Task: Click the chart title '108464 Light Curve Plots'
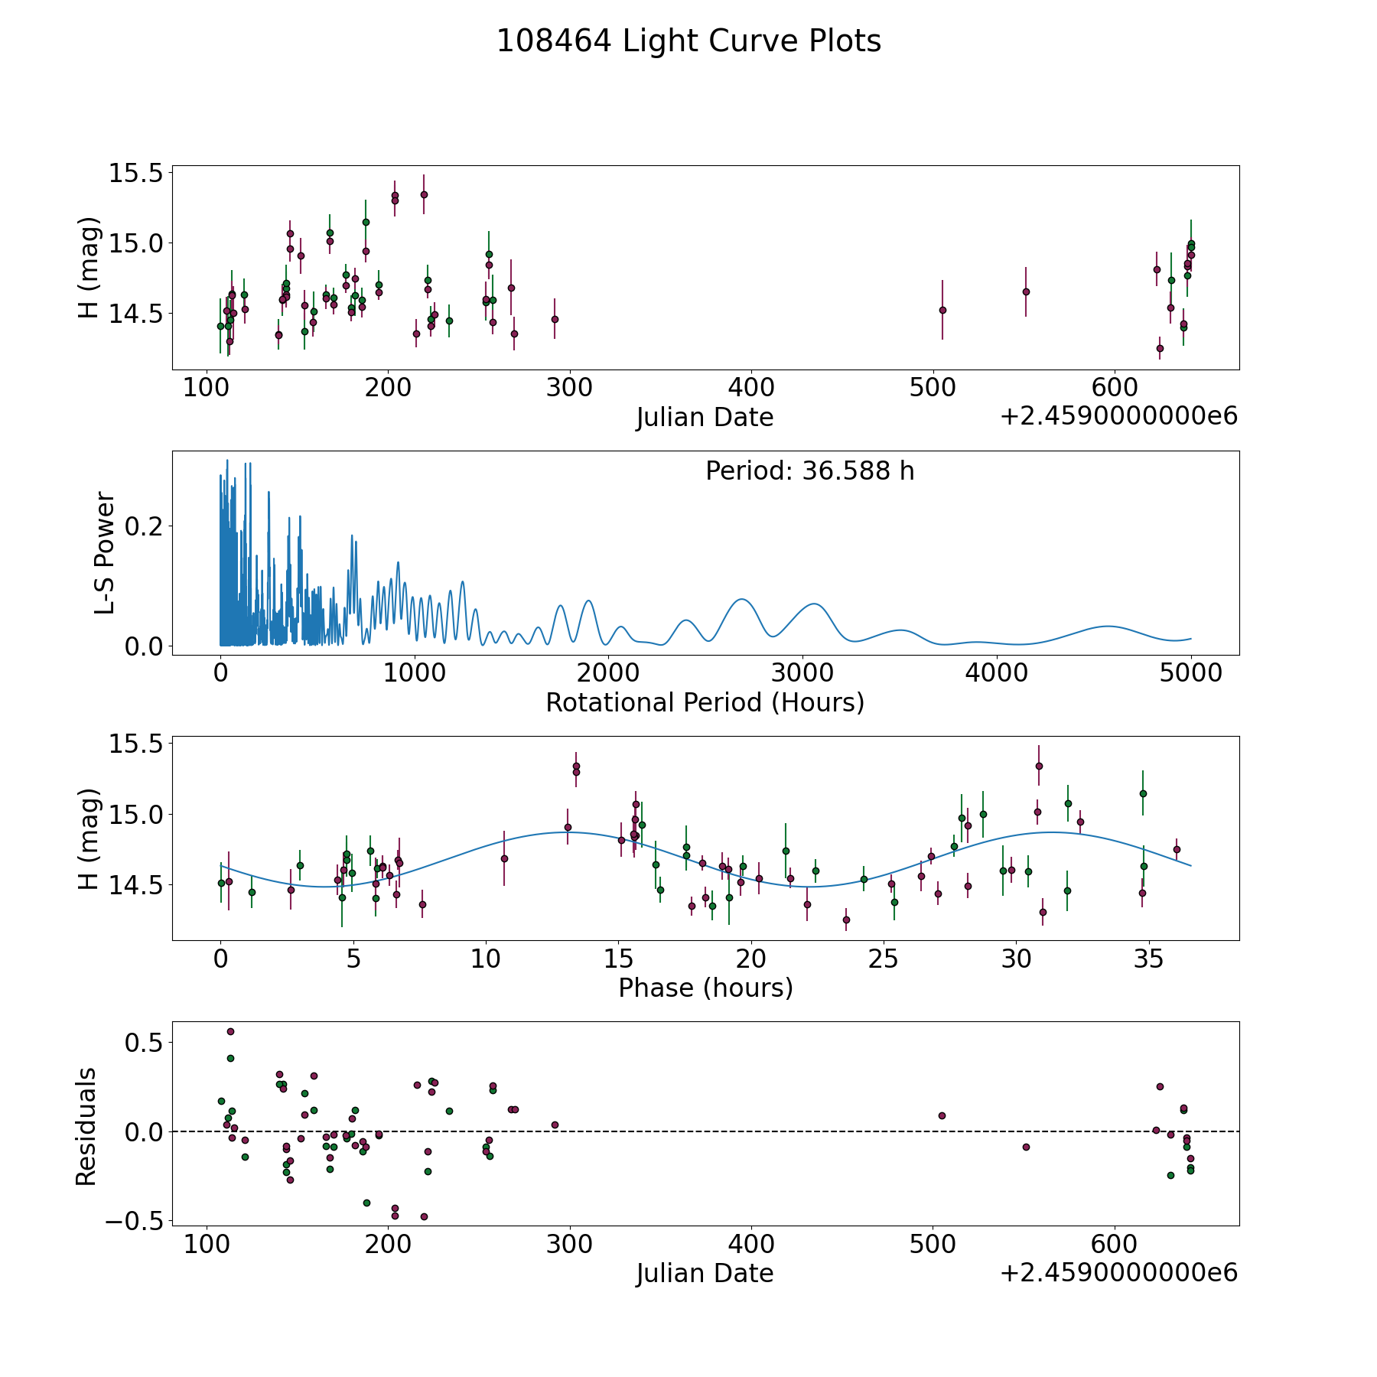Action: (688, 41)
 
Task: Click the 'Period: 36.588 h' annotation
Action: (809, 471)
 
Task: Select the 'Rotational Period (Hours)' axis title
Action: (705, 702)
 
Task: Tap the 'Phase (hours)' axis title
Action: (705, 988)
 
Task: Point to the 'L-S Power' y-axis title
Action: (105, 552)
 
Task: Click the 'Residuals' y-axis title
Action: (86, 1126)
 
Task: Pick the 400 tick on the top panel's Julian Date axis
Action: (751, 387)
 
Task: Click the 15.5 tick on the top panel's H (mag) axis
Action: (136, 173)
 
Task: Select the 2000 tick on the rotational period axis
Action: (608, 672)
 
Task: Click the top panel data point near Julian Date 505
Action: (942, 310)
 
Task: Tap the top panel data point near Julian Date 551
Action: (1026, 291)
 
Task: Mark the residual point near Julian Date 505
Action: (942, 1115)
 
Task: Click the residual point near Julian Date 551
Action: (1026, 1147)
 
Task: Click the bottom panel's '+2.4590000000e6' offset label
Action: (1118, 1272)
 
